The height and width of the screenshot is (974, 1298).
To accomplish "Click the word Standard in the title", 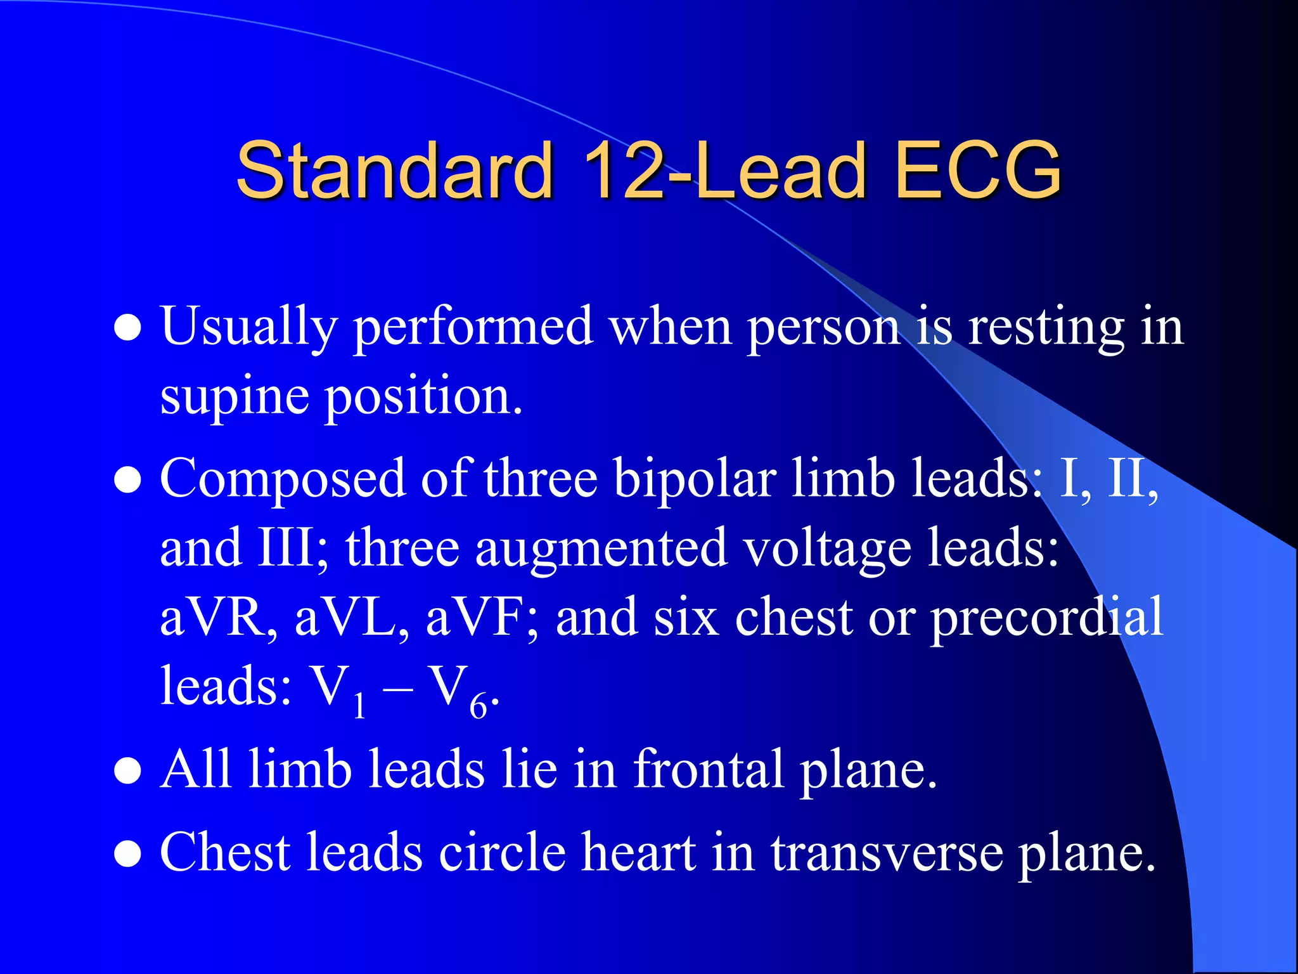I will coord(394,170).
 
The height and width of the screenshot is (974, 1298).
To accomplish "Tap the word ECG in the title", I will coord(979,170).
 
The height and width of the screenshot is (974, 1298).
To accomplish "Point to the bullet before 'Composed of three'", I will coord(127,480).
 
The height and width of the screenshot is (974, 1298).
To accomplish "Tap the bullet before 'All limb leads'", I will coord(127,771).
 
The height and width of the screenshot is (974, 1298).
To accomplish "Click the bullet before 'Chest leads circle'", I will coord(127,854).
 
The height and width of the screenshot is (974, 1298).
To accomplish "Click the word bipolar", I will coord(695,479).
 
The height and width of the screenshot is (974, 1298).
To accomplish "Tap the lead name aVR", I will coord(217,618).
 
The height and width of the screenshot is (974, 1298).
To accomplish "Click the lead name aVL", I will coord(350,618).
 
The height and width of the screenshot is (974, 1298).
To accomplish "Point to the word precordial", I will coord(1046,618).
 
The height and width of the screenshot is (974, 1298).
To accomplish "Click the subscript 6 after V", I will coord(479,706).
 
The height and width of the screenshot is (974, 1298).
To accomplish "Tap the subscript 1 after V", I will coord(359,706).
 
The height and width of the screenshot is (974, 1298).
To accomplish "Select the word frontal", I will coord(708,770).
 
